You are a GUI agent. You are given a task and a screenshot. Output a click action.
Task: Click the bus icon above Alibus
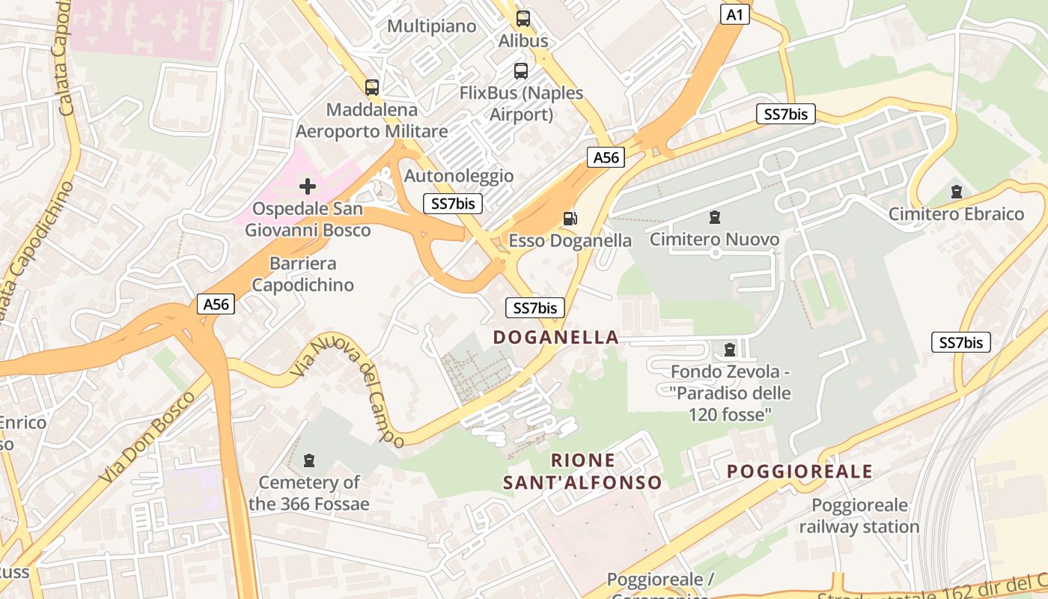coord(523,19)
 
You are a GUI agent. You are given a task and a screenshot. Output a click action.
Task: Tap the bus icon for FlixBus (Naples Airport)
coord(521,71)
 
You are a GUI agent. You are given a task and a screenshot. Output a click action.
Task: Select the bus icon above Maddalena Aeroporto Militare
coord(372,87)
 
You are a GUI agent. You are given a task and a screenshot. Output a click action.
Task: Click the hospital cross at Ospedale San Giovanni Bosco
coord(308,186)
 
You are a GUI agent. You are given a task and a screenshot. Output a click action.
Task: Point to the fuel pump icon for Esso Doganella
coord(570,218)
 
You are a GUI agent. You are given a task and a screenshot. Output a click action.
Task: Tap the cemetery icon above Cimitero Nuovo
coord(715,217)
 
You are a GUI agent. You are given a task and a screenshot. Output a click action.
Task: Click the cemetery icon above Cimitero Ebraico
coord(956,192)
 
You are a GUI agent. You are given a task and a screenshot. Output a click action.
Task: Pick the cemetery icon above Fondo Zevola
coord(730,350)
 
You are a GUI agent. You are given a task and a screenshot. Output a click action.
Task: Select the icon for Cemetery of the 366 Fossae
coord(309,460)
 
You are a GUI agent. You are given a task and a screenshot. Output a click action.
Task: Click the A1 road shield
coord(734,14)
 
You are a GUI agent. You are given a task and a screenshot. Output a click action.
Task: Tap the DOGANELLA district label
coord(556,337)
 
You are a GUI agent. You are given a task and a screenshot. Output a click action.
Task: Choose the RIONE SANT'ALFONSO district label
coord(582,471)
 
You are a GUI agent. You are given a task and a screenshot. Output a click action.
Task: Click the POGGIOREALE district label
coord(799,471)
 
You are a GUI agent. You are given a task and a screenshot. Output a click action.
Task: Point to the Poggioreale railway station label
coord(859,516)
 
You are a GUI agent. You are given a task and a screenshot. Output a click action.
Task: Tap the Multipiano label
coord(432,26)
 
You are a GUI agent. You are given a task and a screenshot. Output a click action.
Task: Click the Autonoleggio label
coord(459,176)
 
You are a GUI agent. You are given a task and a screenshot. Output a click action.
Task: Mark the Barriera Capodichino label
coord(302,274)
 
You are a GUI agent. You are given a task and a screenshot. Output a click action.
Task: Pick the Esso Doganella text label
coord(570,240)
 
